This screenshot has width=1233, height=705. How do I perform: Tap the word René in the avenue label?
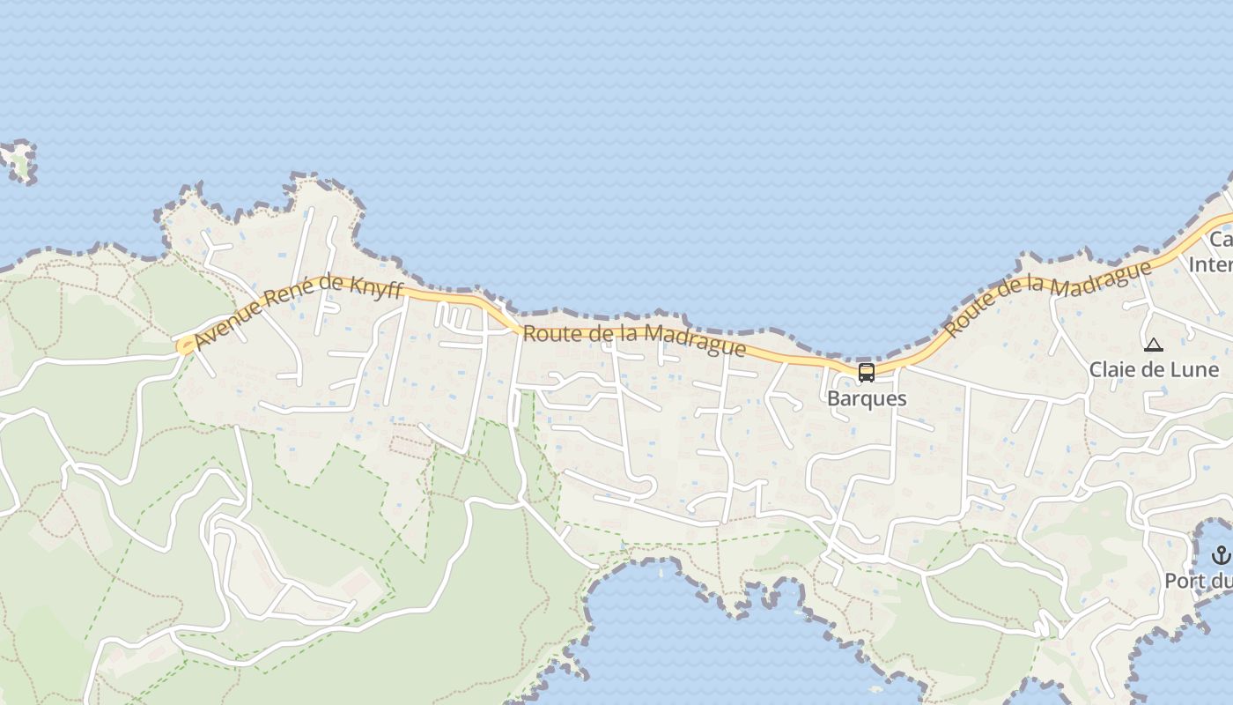290,301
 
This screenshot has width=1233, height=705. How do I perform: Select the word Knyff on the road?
378,289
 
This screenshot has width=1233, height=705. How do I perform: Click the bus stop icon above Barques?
867,372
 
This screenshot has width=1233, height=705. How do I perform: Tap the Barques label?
867,398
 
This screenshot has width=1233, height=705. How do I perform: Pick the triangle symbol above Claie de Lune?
1154,345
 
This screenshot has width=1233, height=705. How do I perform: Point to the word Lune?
1193,369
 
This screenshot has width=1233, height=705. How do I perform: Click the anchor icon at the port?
1221,555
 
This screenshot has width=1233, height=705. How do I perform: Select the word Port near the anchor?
1185,581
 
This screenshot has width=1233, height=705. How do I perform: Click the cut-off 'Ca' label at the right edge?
1221,240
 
